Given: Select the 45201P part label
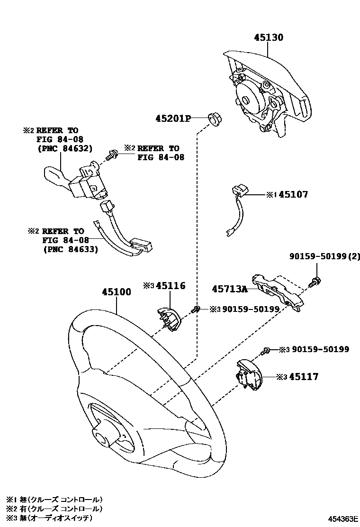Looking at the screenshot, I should pos(172,118).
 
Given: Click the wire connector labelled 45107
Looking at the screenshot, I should pos(237,206).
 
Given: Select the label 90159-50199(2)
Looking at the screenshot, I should pos(325,257).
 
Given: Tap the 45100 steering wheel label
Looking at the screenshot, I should pos(116,292).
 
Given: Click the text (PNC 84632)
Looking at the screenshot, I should pos(64,148).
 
